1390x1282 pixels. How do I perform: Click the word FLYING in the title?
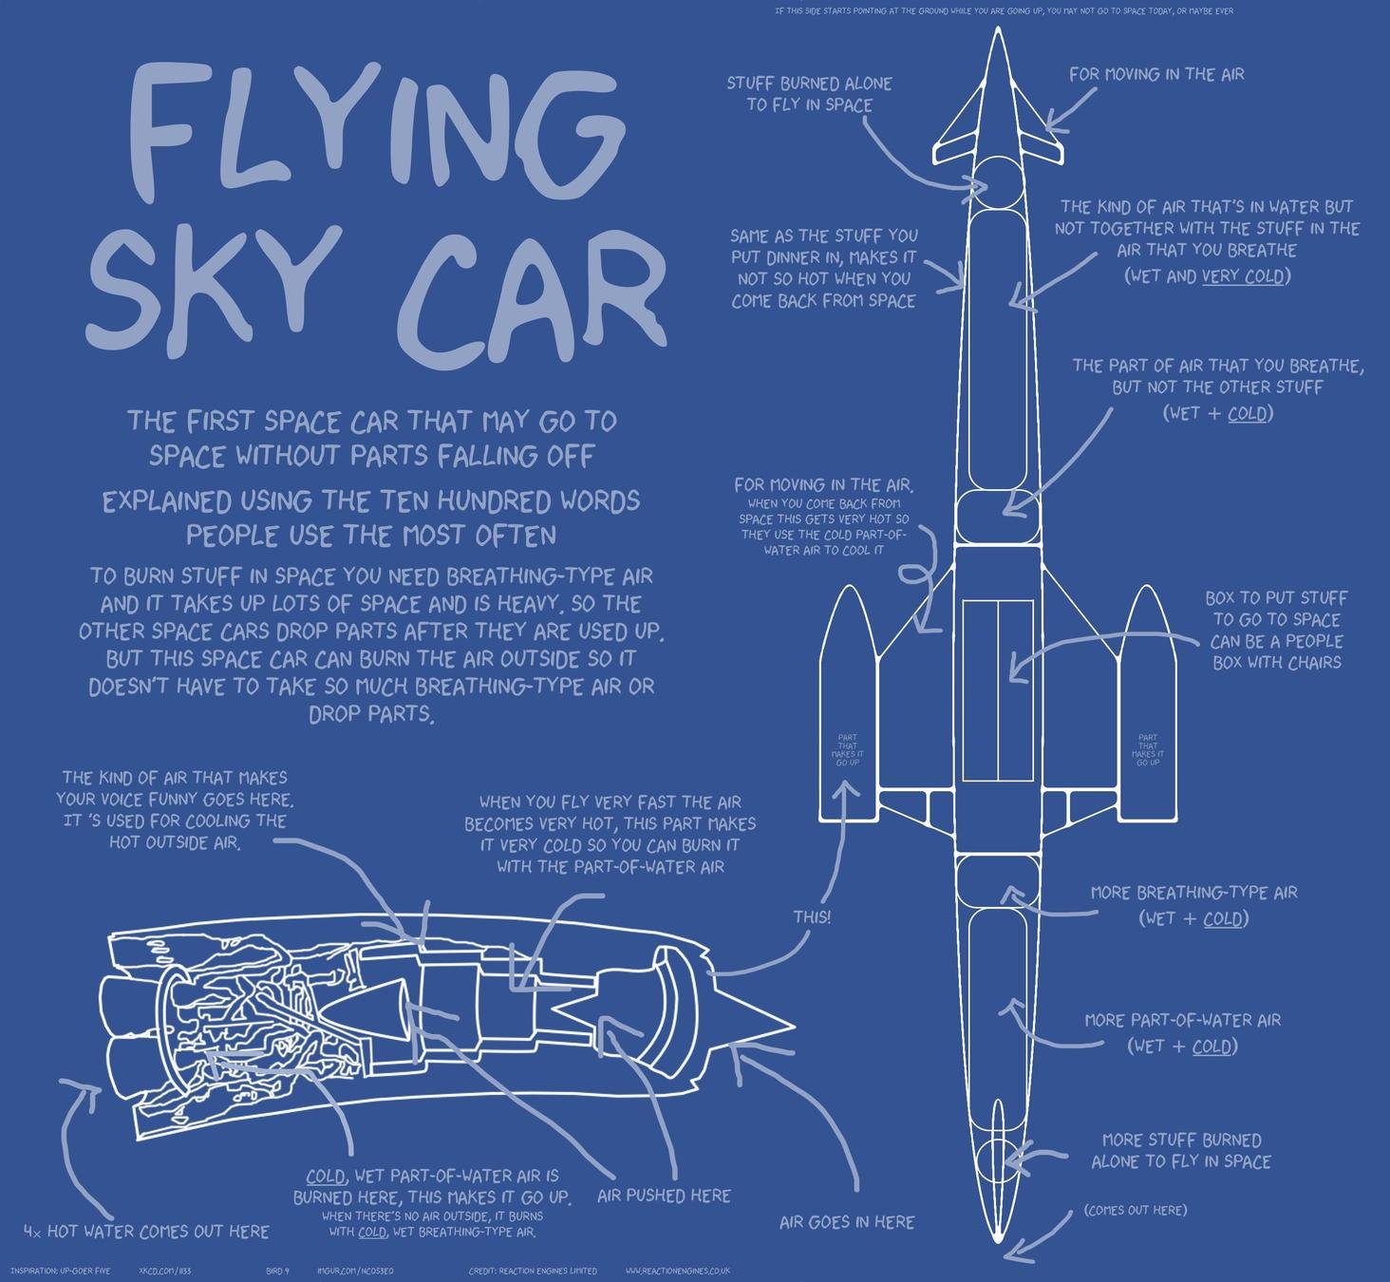coord(366,133)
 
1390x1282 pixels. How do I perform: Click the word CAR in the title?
coord(532,285)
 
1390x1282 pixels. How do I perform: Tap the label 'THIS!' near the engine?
coord(812,917)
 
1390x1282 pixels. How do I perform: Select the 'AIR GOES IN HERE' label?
coord(847,1222)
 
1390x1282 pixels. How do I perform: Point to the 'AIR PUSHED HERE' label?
coord(664,1196)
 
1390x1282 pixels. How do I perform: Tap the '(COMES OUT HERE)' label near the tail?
coord(1135,1210)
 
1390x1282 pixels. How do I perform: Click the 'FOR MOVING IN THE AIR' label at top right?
coord(1156,74)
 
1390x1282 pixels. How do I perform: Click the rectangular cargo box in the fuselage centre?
coord(997,689)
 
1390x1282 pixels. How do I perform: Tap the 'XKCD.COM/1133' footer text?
coord(164,1271)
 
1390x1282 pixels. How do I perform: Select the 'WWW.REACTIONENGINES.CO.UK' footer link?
coord(677,1271)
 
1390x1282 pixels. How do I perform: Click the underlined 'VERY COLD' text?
coord(1243,276)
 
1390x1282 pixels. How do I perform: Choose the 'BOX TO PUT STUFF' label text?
coord(1276,598)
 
